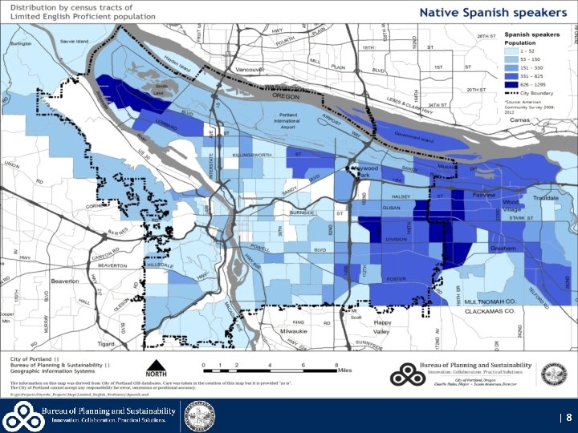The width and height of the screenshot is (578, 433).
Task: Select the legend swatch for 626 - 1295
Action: [511, 83]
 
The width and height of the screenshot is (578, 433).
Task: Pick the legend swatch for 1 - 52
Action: [511, 51]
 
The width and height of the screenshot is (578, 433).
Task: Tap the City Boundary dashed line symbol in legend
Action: [511, 92]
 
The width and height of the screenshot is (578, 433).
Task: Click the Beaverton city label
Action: [65, 281]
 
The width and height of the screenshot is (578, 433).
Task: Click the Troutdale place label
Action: [546, 197]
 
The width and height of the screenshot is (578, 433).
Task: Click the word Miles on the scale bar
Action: [345, 371]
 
